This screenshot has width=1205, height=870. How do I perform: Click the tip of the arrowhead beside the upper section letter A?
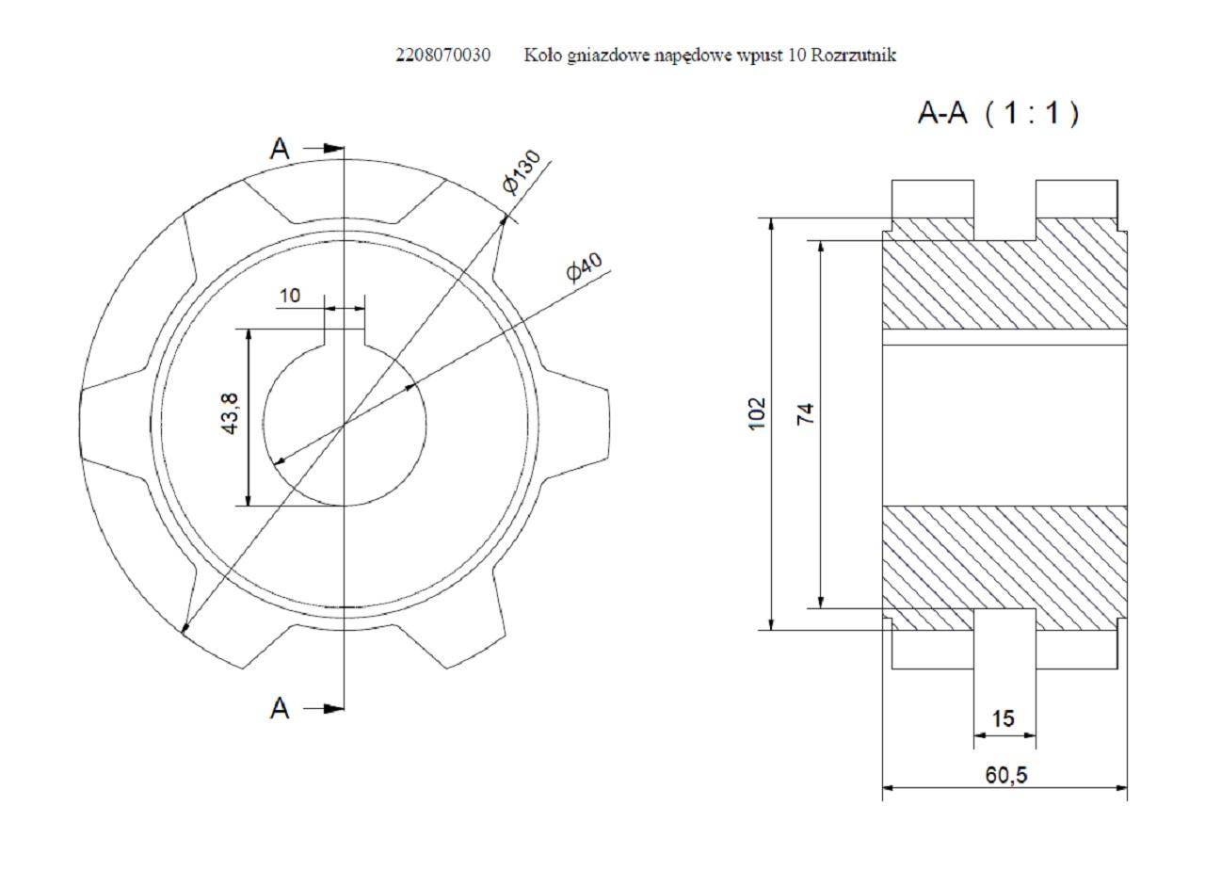click(x=345, y=148)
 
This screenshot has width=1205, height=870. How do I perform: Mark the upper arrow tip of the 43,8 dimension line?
click(x=248, y=330)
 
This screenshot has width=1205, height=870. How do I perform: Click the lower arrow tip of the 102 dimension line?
click(x=771, y=630)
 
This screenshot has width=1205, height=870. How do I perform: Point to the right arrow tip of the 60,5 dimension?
click(x=1127, y=788)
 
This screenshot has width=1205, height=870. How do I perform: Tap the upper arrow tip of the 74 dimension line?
click(x=821, y=241)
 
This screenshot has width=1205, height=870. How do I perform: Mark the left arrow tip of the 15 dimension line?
click(x=974, y=735)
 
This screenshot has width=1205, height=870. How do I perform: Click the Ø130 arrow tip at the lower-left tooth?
click(x=184, y=634)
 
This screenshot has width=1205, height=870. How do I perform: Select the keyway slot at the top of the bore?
click(x=345, y=337)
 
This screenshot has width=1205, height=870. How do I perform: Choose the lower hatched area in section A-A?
click(x=1004, y=568)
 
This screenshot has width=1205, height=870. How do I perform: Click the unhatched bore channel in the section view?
click(x=1004, y=425)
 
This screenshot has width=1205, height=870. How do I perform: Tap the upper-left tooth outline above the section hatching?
click(x=933, y=199)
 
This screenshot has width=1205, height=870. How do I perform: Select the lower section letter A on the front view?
click(x=280, y=709)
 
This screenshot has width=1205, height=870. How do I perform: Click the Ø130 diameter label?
click(x=522, y=171)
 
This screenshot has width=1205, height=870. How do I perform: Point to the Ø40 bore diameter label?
click(x=585, y=266)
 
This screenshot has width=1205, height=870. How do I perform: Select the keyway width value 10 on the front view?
click(x=290, y=296)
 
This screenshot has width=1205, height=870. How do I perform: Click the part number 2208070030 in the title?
click(x=443, y=56)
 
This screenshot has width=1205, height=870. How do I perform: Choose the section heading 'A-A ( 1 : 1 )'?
click(x=999, y=114)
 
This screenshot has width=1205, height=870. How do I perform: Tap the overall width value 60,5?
click(x=1006, y=775)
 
